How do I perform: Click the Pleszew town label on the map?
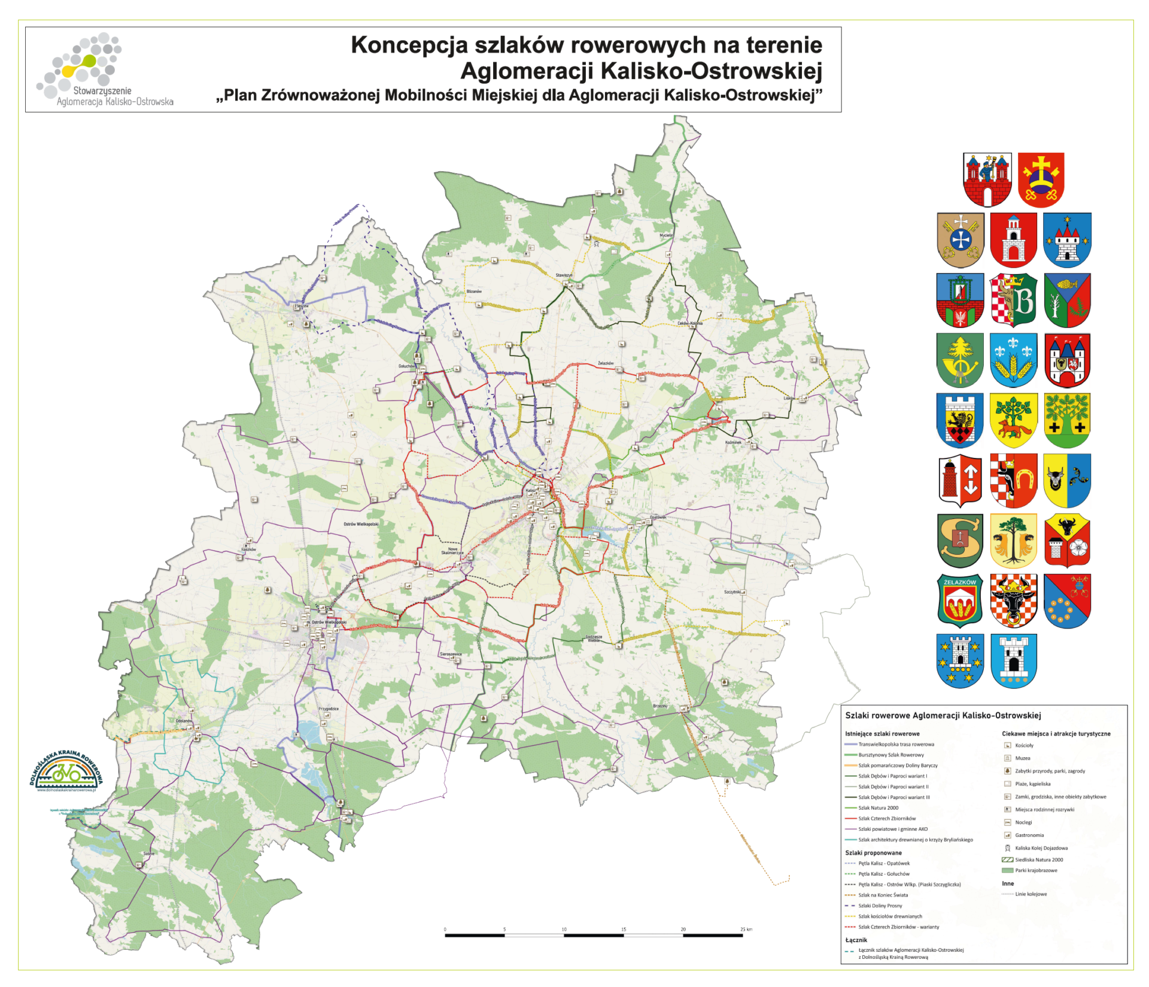(302, 306)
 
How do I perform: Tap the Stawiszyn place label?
(564, 275)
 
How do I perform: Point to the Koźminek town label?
(733, 442)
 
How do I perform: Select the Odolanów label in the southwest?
(184, 721)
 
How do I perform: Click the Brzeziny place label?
(660, 706)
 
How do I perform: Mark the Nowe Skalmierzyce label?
(452, 551)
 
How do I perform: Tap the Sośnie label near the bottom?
(149, 854)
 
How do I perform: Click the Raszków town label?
(248, 549)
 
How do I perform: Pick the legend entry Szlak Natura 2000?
(878, 807)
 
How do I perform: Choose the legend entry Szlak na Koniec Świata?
(883, 895)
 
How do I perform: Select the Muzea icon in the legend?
(1007, 758)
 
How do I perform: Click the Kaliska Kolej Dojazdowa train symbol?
(1007, 848)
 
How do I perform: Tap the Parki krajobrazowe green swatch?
(1007, 870)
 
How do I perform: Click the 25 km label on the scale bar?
(746, 929)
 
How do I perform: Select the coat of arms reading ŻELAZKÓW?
(960, 600)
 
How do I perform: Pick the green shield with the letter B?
(1013, 300)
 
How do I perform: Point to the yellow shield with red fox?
(1013, 420)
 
